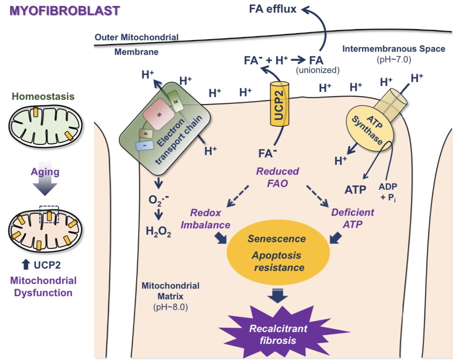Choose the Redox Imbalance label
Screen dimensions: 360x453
click(211, 219)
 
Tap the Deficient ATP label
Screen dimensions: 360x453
click(352, 218)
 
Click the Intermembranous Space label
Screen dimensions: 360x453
click(393, 49)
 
